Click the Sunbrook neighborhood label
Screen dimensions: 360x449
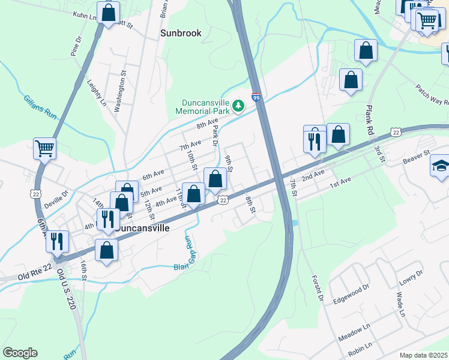[181, 33]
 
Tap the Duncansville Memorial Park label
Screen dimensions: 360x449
[202, 107]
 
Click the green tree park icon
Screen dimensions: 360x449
[238, 106]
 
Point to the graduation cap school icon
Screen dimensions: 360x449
[440, 166]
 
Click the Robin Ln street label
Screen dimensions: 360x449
[360, 347]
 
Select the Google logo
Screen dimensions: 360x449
[20, 353]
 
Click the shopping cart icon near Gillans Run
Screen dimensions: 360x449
[45, 148]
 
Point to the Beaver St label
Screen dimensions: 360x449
[417, 158]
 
